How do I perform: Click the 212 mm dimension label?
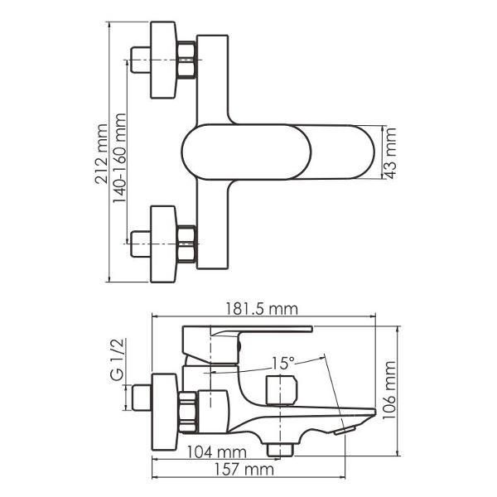click(x=101, y=154)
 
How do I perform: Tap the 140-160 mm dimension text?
click(x=119, y=158)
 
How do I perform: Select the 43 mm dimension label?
click(x=390, y=153)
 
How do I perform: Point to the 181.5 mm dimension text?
click(x=262, y=309)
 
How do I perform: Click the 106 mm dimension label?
click(x=389, y=390)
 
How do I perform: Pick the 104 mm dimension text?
click(x=217, y=452)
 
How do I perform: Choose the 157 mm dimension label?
click(x=244, y=470)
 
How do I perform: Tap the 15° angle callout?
click(x=282, y=364)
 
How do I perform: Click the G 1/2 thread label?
click(x=116, y=359)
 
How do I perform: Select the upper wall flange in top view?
click(x=163, y=60)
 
